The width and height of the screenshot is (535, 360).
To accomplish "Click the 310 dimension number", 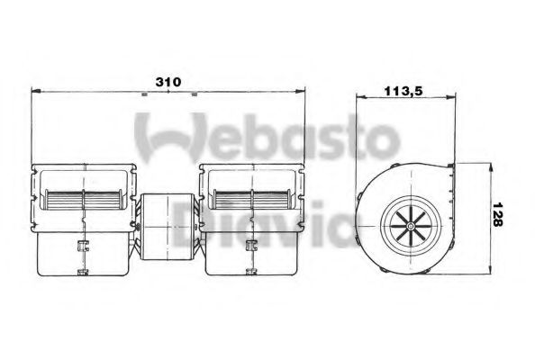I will tap(167, 82).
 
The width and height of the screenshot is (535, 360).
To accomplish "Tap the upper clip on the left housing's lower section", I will tap(82, 244).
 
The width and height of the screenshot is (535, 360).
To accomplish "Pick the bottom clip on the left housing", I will tap(82, 270).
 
